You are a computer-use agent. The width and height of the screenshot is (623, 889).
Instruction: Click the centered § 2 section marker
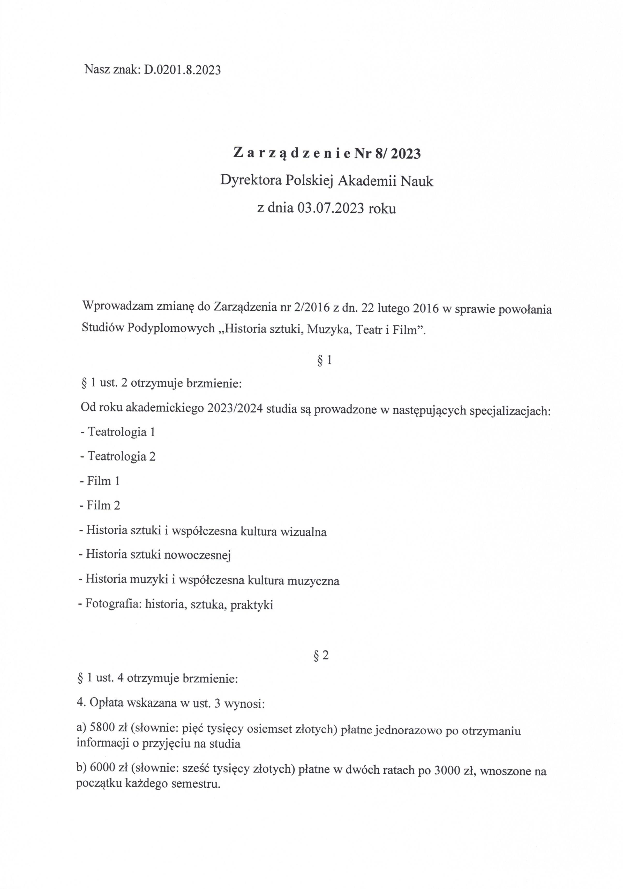(x=321, y=655)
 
